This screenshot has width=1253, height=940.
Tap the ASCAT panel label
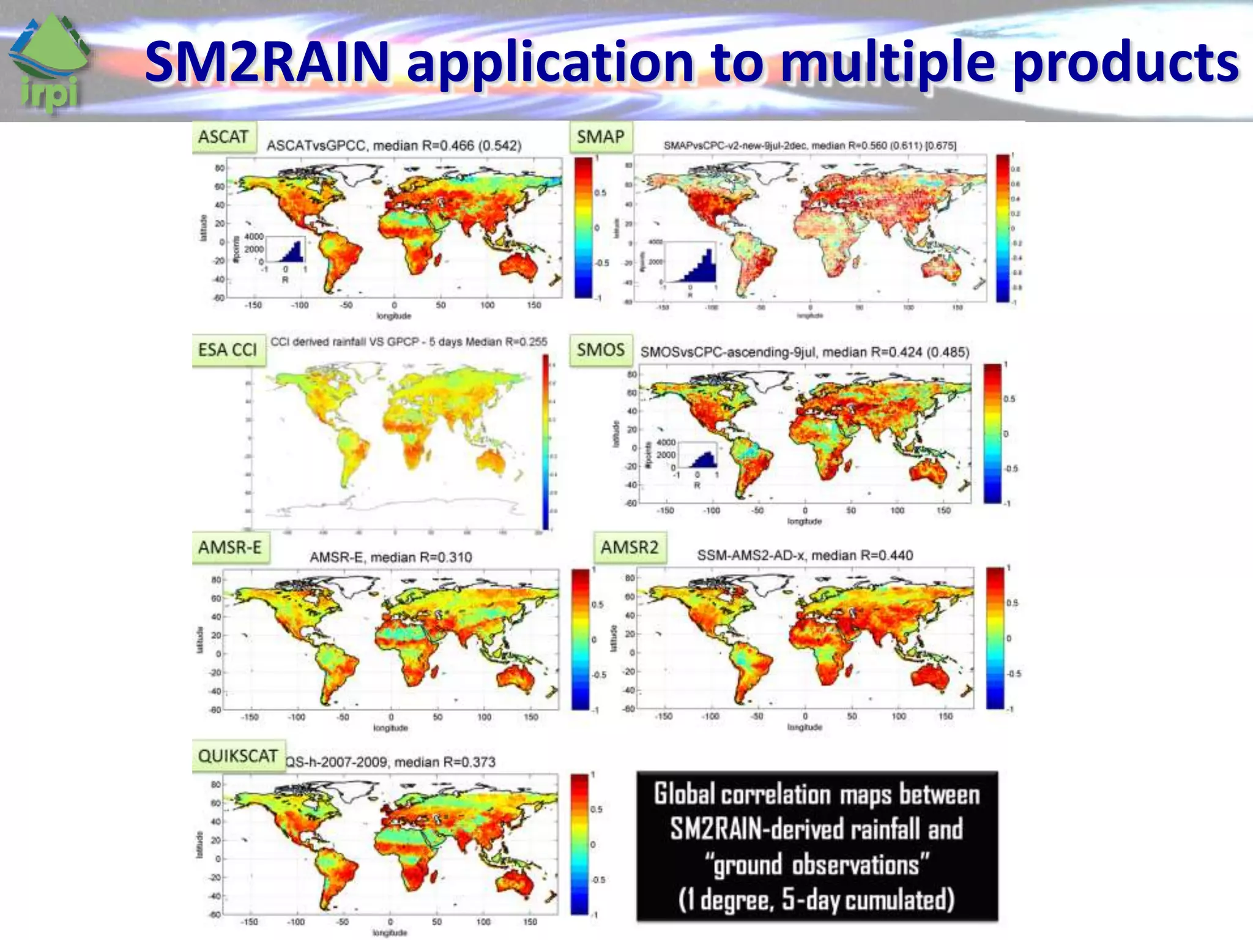(223, 136)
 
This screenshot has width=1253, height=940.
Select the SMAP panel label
(600, 136)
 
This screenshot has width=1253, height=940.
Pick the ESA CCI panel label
(228, 349)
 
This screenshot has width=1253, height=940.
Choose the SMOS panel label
(600, 349)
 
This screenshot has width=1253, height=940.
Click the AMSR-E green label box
(229, 546)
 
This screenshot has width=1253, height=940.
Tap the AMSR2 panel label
(629, 546)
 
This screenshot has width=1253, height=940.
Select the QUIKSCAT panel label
(237, 756)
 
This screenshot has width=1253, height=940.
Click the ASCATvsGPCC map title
(393, 146)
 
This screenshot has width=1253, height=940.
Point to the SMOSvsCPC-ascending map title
(804, 352)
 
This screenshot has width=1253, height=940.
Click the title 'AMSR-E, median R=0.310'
(390, 557)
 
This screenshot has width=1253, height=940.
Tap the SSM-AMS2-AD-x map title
(805, 555)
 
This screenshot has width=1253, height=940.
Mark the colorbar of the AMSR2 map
(995, 638)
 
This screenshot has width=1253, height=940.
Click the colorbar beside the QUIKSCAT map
(579, 844)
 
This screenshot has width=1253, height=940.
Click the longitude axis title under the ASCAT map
(393, 316)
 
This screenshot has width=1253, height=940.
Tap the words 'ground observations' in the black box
(816, 865)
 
